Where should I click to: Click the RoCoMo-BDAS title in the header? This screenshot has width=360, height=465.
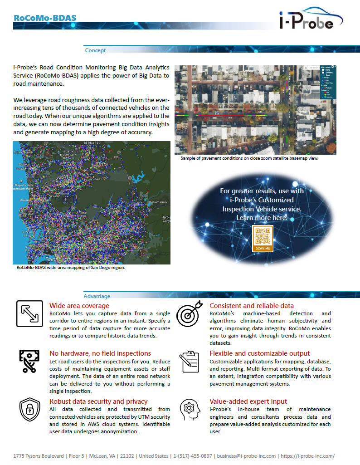44,18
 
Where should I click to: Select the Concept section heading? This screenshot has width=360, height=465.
95,50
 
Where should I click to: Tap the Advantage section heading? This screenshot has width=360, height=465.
97,296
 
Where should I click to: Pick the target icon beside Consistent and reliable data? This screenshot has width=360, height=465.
190,314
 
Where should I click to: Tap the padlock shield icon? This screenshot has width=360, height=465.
29,410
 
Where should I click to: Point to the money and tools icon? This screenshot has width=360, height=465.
29,362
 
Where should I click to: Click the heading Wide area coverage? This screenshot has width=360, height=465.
79,306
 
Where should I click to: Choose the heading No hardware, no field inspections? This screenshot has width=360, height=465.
100,353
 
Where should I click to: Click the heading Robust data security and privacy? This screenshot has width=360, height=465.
98,401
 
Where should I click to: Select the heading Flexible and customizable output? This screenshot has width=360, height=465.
260,353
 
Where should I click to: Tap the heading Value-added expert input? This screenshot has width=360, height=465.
248,401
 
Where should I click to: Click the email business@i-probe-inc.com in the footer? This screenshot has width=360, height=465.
247,456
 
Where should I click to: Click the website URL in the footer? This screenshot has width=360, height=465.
308,456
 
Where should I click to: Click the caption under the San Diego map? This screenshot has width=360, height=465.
70,268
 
